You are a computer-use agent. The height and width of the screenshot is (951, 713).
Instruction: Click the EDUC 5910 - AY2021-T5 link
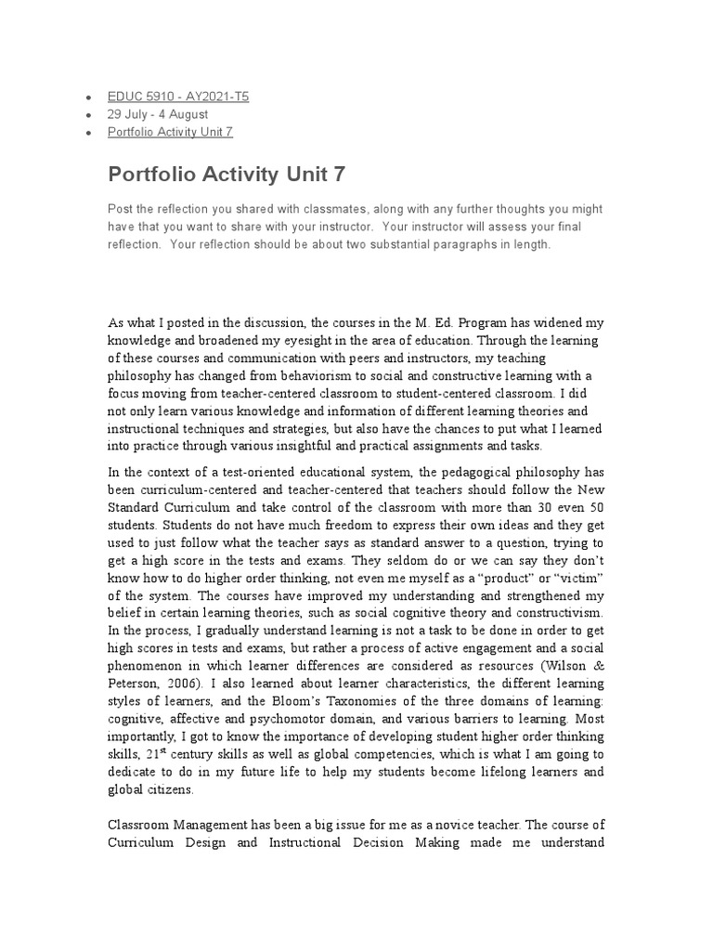click(178, 97)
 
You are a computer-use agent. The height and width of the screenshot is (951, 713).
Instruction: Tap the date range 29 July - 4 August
click(158, 114)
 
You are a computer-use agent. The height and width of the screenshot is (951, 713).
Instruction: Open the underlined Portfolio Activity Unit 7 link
click(170, 132)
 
